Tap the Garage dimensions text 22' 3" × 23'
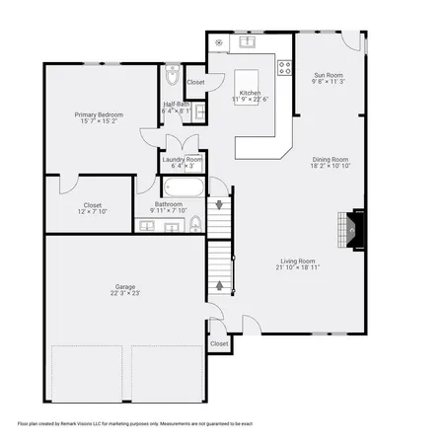tap(125, 293)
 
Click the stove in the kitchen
tap(284, 68)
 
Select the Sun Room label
tap(329, 75)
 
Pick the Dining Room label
tap(329, 159)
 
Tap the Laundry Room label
tap(183, 160)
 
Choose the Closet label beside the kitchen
tap(196, 82)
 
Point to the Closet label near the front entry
tap(219, 343)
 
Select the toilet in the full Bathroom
tap(195, 222)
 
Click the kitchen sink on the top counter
tap(244, 42)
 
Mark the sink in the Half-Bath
tap(200, 113)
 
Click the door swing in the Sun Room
tap(350, 41)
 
